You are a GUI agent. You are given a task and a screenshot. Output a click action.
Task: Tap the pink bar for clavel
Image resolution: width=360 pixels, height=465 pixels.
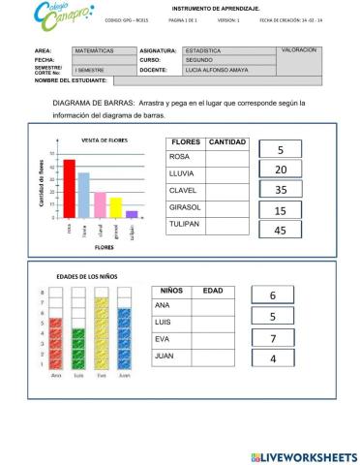point(100,205)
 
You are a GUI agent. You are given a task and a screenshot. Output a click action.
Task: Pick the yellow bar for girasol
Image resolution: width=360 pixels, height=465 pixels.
point(115,208)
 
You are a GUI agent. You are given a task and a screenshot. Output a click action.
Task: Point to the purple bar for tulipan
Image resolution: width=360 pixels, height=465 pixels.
point(131,215)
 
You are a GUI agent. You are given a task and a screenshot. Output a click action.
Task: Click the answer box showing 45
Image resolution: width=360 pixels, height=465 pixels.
point(281,231)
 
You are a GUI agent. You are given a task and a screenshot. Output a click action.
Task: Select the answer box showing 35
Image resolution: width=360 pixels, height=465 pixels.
point(281,190)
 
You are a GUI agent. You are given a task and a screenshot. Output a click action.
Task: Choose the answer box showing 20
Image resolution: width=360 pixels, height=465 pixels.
point(281,170)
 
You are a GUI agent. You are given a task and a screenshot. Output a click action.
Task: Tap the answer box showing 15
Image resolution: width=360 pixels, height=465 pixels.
point(281,210)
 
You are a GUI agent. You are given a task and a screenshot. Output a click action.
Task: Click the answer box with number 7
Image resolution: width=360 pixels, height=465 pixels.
point(274,338)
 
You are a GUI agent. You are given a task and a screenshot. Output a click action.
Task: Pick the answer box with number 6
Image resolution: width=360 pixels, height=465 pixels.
point(274,295)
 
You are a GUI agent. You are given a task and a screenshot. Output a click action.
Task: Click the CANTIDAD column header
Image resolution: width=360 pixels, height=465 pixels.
point(227,142)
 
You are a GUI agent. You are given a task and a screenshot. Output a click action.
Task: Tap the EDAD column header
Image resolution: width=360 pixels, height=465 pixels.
point(213,290)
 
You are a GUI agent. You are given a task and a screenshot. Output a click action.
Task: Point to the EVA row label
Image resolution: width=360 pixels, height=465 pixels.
point(163,338)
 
